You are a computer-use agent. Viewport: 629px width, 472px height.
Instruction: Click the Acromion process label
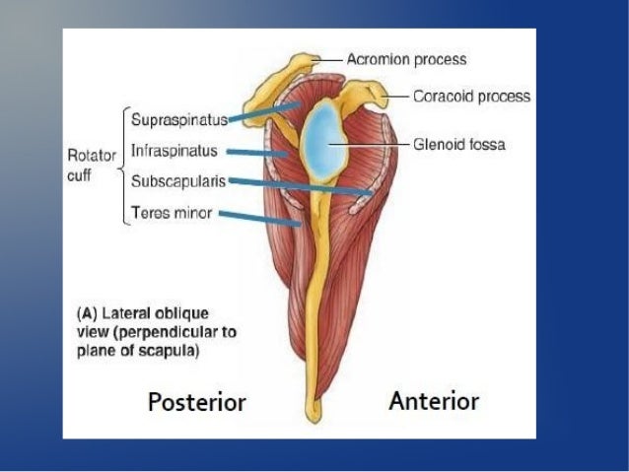[x=405, y=60]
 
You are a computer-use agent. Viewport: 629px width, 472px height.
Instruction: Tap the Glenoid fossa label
[x=458, y=144]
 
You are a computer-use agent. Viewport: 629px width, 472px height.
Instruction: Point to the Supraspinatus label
[x=178, y=120]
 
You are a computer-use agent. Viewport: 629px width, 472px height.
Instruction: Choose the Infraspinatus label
[x=174, y=152]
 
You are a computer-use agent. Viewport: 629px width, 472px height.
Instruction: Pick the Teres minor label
[x=171, y=212]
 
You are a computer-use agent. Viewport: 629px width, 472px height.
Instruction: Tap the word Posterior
[x=196, y=401]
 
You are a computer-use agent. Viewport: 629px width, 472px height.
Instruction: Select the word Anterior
[x=434, y=400]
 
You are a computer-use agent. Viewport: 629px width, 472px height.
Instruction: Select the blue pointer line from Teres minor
[x=260, y=218]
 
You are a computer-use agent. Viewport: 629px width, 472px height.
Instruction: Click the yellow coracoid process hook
[x=372, y=95]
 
